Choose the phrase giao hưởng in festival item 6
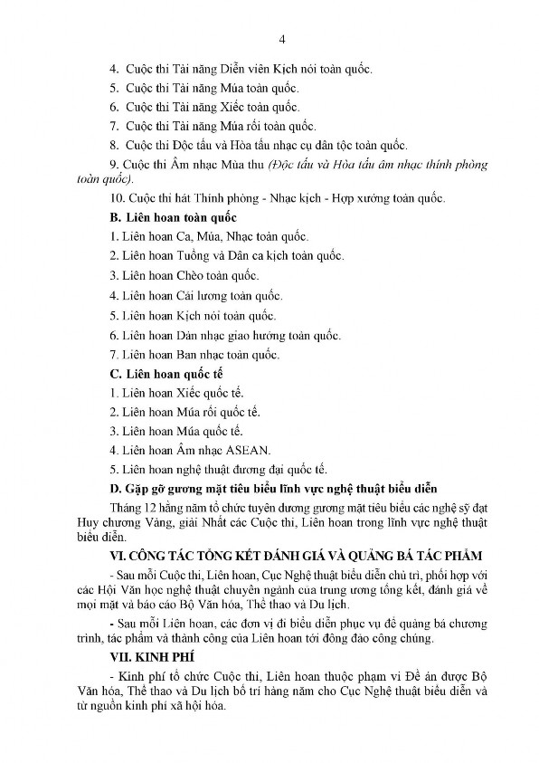[x=262, y=334]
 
